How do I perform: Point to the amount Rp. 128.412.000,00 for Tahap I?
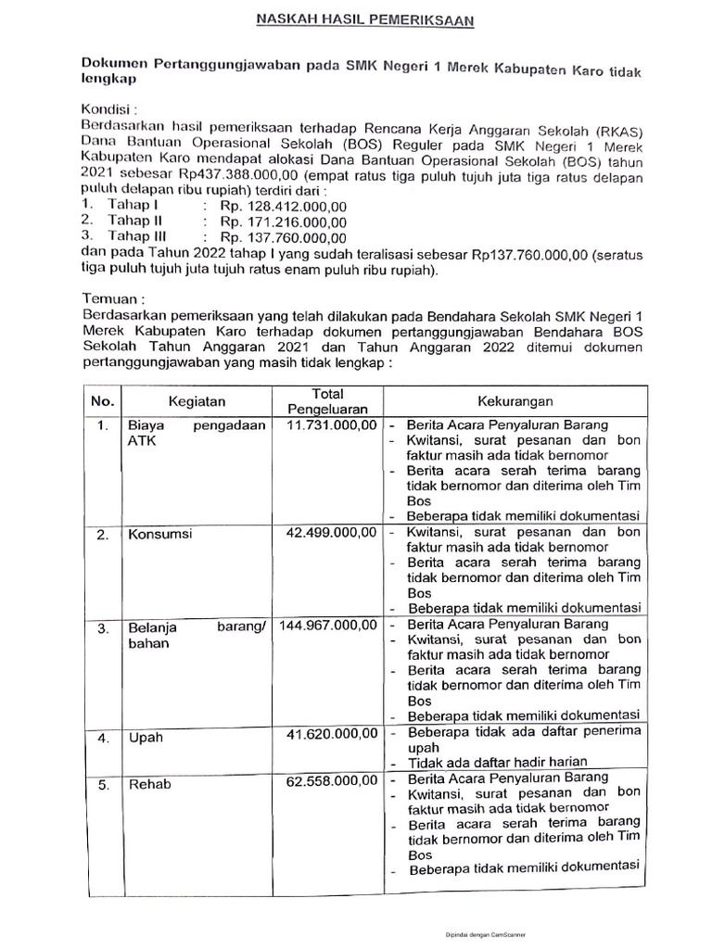click(x=283, y=204)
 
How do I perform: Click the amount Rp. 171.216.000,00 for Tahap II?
click(x=283, y=221)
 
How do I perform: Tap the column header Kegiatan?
click(x=197, y=401)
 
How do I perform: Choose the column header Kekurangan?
click(x=515, y=400)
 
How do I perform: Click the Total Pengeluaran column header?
click(x=327, y=400)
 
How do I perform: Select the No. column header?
click(x=101, y=401)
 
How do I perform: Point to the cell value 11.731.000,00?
click(x=331, y=424)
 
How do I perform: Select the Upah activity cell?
click(x=143, y=738)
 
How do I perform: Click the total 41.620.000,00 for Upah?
click(x=331, y=734)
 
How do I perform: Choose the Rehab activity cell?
click(x=148, y=784)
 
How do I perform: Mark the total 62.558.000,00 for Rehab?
click(x=331, y=779)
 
